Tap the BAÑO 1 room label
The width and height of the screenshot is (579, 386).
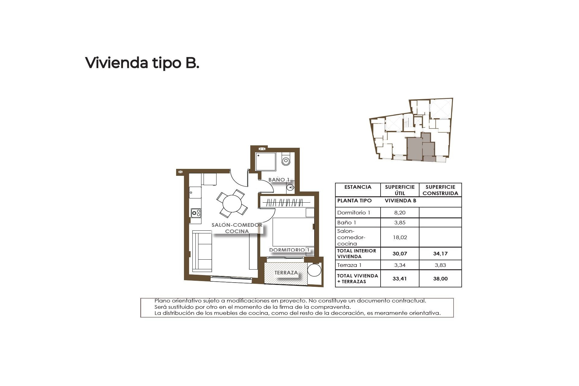279,180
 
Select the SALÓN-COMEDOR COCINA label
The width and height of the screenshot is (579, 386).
237,228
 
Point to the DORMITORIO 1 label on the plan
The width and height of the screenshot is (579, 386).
289,250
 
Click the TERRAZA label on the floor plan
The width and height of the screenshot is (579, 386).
286,273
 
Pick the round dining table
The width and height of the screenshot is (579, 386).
232,204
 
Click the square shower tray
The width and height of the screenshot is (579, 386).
266,162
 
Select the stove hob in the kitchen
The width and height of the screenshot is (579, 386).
196,213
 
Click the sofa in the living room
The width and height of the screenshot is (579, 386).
202,251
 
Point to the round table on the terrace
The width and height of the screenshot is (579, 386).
315,270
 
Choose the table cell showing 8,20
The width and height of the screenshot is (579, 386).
400,213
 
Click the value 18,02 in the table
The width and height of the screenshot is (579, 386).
400,237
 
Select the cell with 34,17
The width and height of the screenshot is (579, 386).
440,254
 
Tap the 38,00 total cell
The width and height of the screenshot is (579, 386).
440,279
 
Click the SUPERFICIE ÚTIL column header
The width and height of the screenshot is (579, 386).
400,190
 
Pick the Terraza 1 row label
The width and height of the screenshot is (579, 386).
349,265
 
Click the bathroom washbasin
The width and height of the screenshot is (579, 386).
290,187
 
